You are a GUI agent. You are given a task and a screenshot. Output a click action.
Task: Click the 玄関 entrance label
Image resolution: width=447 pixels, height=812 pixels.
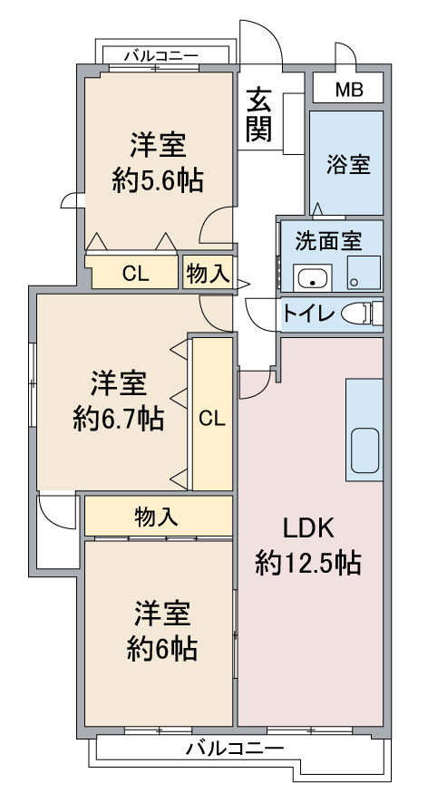(x=258, y=115)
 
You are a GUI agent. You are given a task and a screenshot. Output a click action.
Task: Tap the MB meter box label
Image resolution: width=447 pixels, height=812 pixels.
(x=349, y=90)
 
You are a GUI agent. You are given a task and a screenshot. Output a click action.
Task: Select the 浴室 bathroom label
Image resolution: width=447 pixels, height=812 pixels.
(x=348, y=164)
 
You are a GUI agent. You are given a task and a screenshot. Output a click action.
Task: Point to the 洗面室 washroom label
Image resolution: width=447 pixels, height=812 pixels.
(x=328, y=241)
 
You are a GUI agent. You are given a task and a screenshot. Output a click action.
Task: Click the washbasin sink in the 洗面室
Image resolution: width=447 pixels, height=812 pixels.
(x=312, y=277)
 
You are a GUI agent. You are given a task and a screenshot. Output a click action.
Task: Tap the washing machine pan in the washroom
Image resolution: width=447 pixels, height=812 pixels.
(x=364, y=273)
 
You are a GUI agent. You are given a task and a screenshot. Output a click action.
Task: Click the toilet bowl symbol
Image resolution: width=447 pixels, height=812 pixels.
(x=361, y=314)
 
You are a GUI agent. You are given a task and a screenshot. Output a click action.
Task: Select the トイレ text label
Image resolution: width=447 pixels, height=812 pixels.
(x=308, y=314)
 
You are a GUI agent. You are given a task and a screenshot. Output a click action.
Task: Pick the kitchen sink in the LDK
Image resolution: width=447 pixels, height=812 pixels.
(x=364, y=450)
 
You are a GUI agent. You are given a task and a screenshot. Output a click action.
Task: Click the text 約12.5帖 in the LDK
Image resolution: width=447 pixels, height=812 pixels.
(x=307, y=562)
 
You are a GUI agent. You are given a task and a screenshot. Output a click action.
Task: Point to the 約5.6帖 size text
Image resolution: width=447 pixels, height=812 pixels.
(x=158, y=180)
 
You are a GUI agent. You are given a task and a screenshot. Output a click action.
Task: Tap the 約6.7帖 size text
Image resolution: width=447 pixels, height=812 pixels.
(x=119, y=419)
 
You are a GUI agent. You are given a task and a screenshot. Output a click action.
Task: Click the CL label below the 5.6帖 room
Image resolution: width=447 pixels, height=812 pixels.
(x=136, y=274)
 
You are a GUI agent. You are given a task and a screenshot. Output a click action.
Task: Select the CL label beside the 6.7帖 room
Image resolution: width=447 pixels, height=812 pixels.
(x=212, y=419)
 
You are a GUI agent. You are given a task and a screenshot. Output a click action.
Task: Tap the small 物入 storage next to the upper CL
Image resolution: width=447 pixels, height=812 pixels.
(x=208, y=273)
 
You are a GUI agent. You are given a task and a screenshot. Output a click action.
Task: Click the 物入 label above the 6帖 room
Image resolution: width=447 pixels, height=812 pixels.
(x=157, y=517)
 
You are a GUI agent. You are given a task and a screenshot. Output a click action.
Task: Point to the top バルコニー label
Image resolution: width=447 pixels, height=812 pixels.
(x=161, y=55)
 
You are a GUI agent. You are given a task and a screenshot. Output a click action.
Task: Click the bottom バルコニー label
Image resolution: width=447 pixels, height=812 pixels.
(x=236, y=749)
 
